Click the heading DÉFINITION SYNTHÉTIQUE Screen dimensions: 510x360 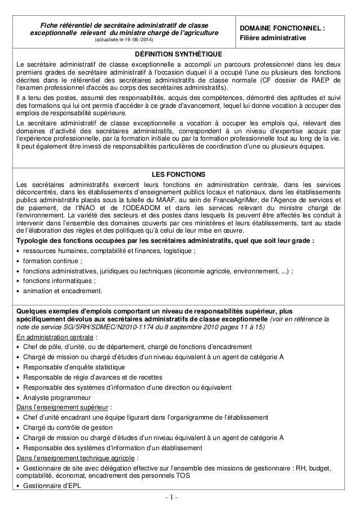[x=179, y=54]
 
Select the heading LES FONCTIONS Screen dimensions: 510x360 [x=179, y=173]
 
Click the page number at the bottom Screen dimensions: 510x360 [x=179, y=499]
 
